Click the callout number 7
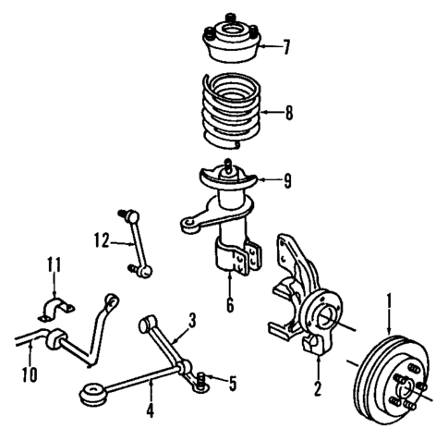pos(286,45)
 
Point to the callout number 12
pos(99,242)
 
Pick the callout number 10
pos(29,374)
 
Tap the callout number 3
pos(191,321)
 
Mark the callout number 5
pos(231,380)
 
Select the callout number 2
pos(316,388)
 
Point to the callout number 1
pos(390,300)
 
